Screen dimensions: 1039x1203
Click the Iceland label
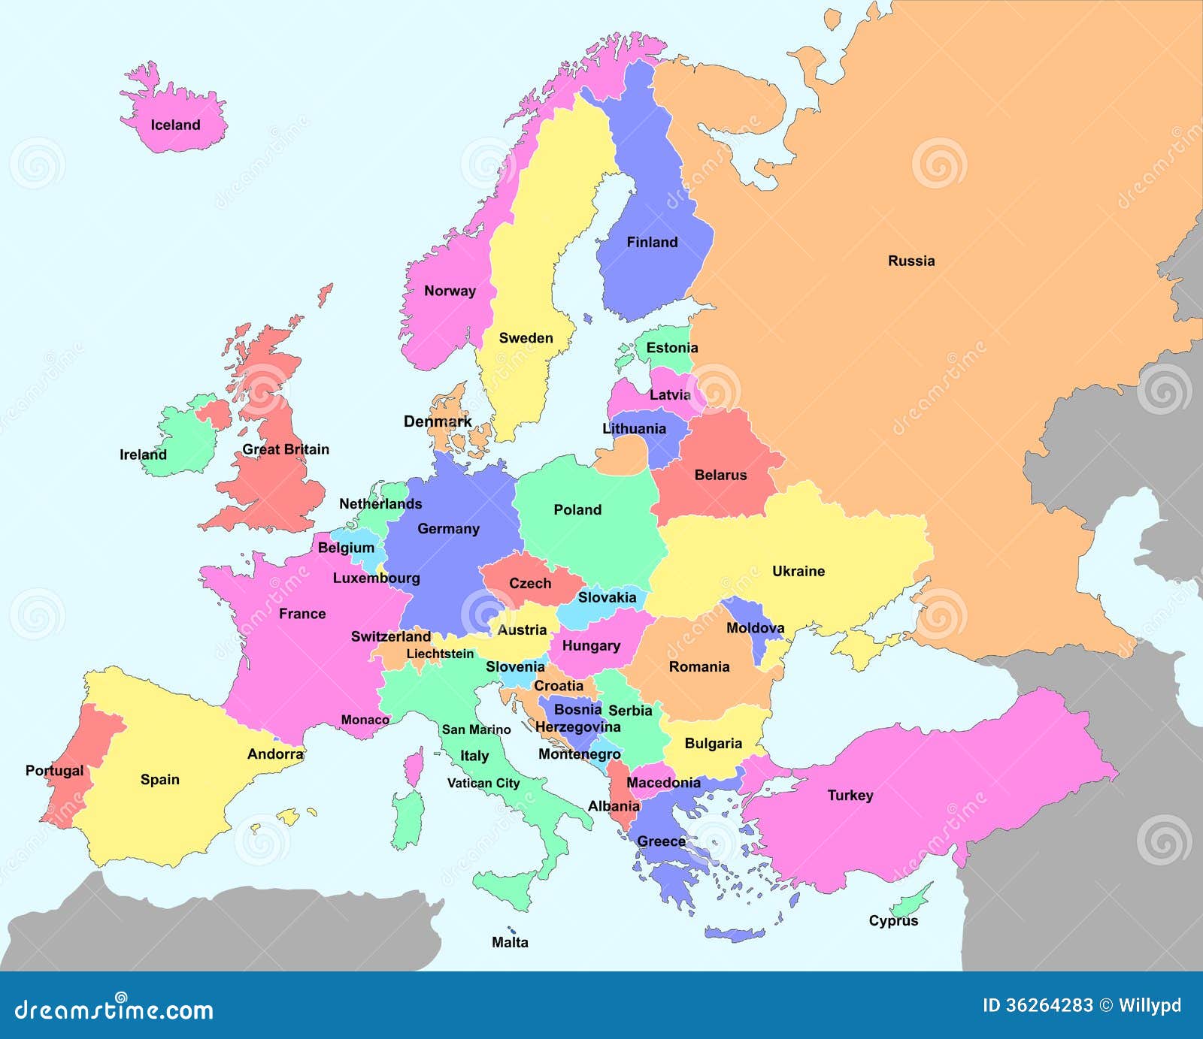[175, 125]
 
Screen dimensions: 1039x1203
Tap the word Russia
[911, 261]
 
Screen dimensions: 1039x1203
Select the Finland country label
[652, 242]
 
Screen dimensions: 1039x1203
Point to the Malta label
[510, 942]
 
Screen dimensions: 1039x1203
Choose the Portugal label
[54, 770]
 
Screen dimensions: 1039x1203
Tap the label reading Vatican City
[483, 783]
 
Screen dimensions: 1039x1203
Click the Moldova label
[755, 627]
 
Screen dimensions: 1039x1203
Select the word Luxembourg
[376, 578]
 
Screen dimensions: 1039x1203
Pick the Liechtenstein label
[440, 654]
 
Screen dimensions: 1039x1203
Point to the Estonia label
[671, 347]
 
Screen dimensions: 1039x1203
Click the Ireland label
[143, 455]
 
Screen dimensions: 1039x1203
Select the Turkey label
[850, 795]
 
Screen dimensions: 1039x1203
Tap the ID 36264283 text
[1038, 1005]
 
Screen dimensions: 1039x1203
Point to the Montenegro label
[579, 754]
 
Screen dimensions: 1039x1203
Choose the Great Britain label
[286, 449]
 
